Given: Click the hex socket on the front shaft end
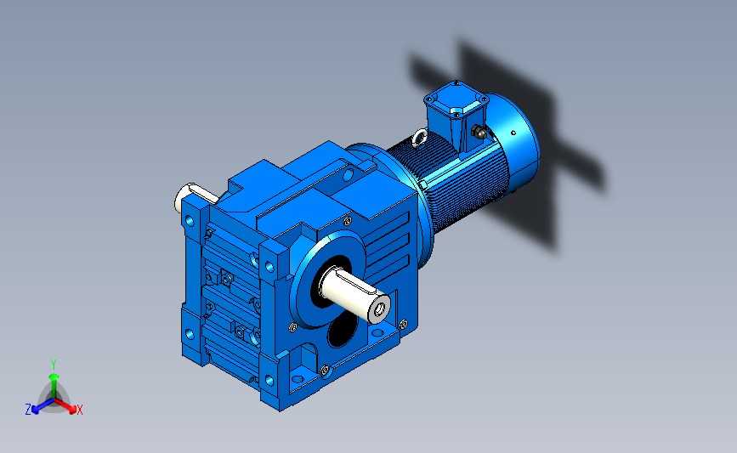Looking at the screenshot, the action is click(381, 309).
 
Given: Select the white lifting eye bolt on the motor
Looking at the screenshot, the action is click(419, 138).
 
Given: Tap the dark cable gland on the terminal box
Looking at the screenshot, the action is click(479, 132).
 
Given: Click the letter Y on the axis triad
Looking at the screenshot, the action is click(53, 365).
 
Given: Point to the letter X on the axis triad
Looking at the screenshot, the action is click(79, 410).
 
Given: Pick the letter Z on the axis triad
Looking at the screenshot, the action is click(28, 410).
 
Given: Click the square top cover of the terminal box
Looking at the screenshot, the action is click(456, 99).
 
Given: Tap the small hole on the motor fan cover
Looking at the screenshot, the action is click(513, 133).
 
